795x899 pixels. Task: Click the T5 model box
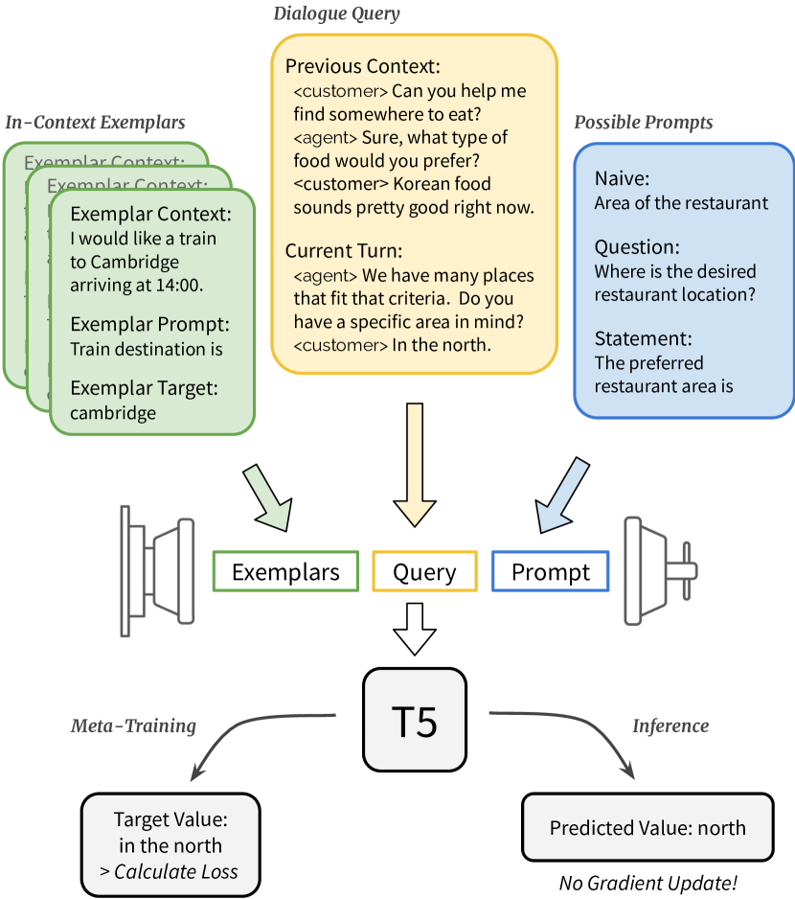click(x=415, y=719)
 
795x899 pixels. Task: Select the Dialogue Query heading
click(x=336, y=13)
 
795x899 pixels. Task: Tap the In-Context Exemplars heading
click(x=95, y=123)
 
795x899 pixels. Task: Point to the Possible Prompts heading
click(x=643, y=124)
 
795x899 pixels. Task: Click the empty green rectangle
click(x=285, y=570)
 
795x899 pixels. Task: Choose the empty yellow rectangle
click(x=424, y=570)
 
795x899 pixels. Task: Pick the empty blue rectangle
click(x=551, y=570)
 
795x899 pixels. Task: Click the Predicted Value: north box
click(x=647, y=827)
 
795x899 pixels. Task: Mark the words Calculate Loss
click(x=175, y=872)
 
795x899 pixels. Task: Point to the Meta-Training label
click(x=133, y=726)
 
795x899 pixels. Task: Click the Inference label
click(x=670, y=726)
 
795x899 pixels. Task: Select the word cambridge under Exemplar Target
click(x=113, y=413)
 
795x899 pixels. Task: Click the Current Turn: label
click(x=344, y=251)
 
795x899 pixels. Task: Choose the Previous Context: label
click(x=362, y=68)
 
